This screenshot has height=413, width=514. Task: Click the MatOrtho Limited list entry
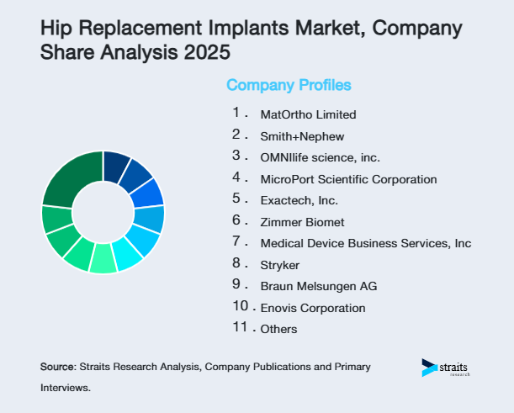coord(297,114)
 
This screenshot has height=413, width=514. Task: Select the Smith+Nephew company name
coord(291,135)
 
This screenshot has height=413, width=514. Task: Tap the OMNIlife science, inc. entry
coord(309,157)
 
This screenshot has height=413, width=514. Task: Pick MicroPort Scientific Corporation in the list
coord(336,179)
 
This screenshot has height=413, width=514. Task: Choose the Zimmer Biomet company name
coord(291,222)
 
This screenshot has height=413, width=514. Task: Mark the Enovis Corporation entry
coord(301,308)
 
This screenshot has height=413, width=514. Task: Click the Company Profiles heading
coord(289,85)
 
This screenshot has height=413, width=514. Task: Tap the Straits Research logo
coord(446,368)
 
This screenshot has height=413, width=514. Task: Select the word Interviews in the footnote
coord(65,388)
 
